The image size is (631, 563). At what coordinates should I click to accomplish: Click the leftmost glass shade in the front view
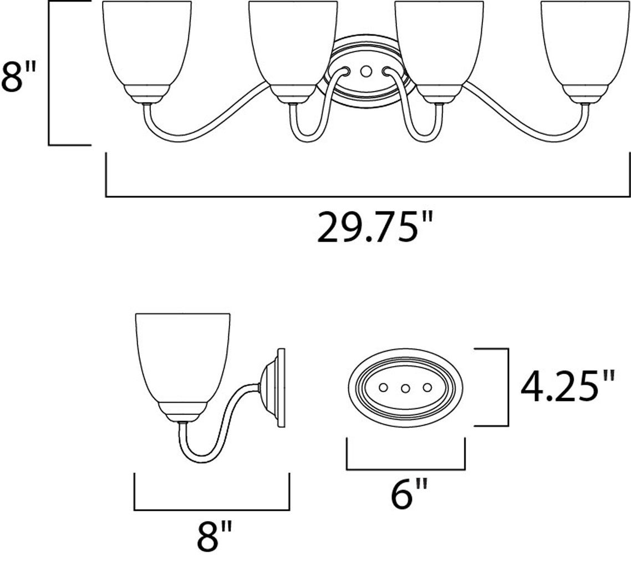click(147, 44)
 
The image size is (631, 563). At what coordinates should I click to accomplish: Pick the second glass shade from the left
click(293, 44)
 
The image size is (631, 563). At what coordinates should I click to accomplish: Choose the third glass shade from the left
click(439, 44)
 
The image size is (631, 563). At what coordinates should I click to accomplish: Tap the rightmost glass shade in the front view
click(585, 44)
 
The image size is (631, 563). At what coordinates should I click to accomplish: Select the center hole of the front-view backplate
click(365, 72)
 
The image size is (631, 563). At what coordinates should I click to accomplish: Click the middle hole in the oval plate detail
click(405, 388)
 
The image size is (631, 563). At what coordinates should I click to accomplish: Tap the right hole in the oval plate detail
click(428, 387)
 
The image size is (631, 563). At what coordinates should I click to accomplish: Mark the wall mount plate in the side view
click(280, 388)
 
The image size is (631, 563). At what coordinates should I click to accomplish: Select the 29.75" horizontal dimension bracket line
click(368, 196)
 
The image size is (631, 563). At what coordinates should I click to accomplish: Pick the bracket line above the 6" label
click(405, 469)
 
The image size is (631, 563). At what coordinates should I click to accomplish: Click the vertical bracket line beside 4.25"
click(508, 387)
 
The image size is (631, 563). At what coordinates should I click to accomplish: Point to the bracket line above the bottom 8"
click(212, 509)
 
